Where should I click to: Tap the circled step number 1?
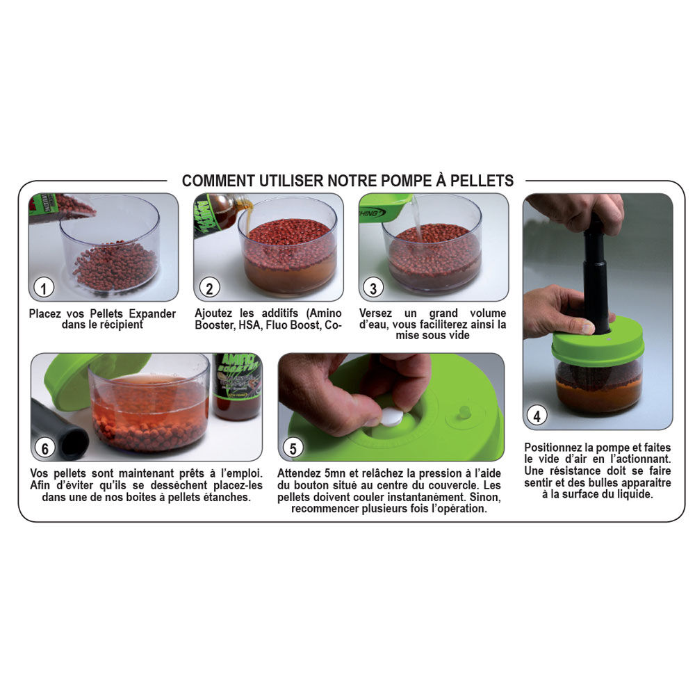pos(44,288)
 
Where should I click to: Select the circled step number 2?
pos(208,288)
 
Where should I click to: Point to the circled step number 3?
pos(374,288)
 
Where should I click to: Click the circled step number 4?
pos(537,416)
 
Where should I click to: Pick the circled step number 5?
pos(293,448)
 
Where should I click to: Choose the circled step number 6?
pos(44,448)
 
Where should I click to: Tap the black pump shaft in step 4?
pos(595,275)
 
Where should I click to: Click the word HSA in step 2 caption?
pos(250,325)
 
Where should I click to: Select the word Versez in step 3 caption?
pos(375,313)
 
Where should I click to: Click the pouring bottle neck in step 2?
pos(242,206)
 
